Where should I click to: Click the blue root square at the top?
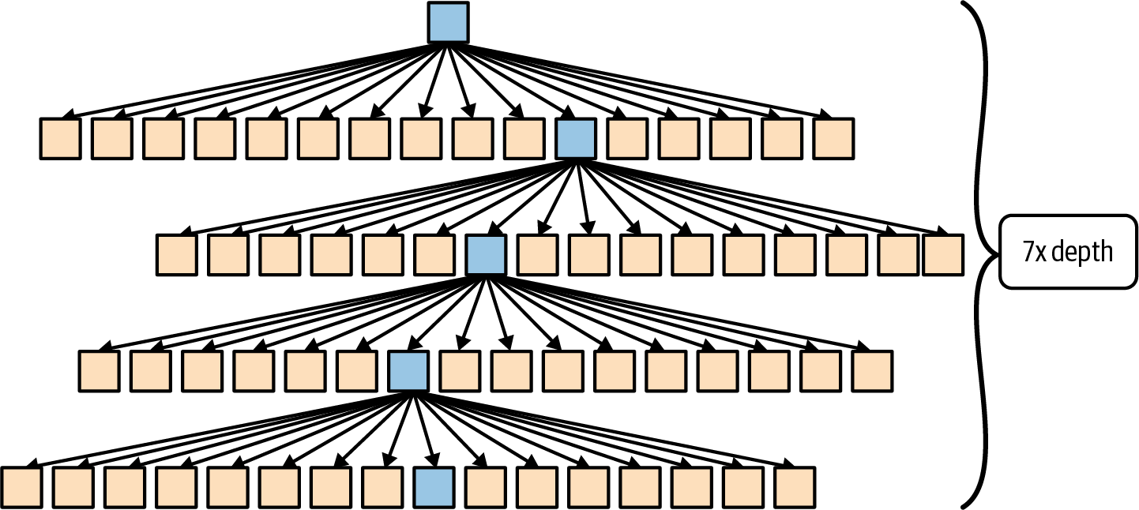(x=448, y=22)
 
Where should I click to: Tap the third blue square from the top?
(x=486, y=254)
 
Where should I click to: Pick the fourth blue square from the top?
(x=408, y=371)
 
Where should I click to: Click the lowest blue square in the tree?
(x=434, y=487)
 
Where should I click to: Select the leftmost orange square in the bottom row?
(x=21, y=487)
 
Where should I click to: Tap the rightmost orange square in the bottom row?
(x=795, y=487)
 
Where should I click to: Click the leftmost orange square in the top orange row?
(x=61, y=138)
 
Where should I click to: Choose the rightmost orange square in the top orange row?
(x=834, y=138)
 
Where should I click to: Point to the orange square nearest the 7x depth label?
(x=943, y=254)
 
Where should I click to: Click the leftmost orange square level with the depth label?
(x=177, y=254)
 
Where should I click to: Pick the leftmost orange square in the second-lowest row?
(x=99, y=371)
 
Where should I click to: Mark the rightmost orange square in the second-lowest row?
(x=872, y=371)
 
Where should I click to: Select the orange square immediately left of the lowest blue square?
(x=382, y=487)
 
